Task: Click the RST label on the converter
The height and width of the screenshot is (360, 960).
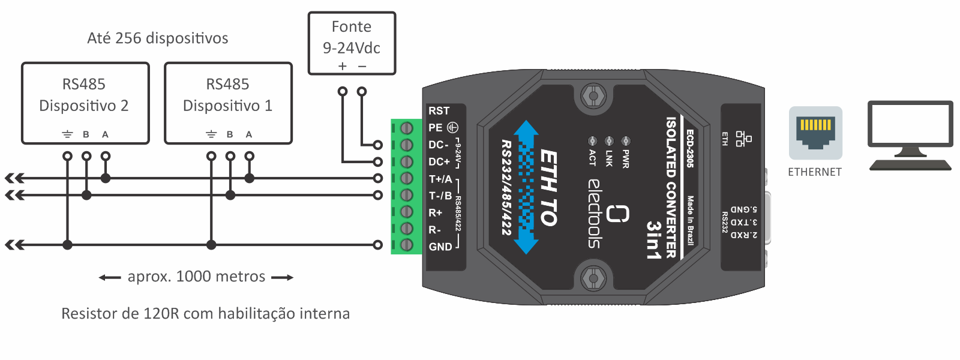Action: (x=439, y=110)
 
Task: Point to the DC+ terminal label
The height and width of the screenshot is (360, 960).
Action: (x=439, y=161)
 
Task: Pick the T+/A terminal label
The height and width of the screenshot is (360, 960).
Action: (x=440, y=179)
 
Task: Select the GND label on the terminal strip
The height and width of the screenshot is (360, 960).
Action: (x=440, y=247)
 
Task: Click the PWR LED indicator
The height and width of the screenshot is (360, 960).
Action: (x=626, y=140)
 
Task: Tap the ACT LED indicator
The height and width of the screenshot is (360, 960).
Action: (x=592, y=140)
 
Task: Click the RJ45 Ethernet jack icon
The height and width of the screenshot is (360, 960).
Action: (x=815, y=133)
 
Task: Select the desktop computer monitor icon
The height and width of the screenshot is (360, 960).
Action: (x=910, y=136)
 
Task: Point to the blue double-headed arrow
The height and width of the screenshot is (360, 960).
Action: (x=526, y=187)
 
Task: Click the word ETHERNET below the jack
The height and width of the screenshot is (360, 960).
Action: (x=815, y=172)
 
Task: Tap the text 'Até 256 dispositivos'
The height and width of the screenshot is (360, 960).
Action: (x=158, y=38)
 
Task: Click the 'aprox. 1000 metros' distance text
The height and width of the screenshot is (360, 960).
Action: (x=196, y=277)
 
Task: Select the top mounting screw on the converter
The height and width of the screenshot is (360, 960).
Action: (x=593, y=96)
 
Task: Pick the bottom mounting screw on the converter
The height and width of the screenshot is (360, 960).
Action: (x=593, y=278)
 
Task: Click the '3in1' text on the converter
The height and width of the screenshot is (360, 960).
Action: (x=653, y=240)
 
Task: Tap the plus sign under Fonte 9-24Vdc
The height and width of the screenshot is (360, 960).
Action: (x=342, y=66)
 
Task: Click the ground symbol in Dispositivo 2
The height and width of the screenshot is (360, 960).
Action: (x=67, y=134)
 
